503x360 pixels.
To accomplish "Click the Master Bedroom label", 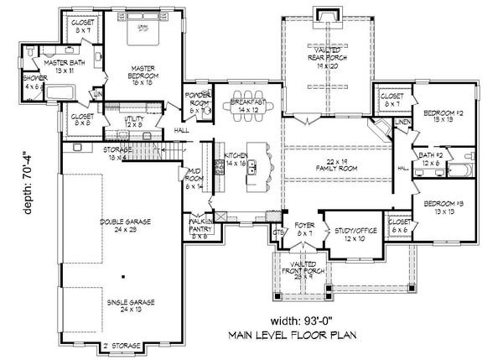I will [140, 75].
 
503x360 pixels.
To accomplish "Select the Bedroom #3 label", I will [445, 207].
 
